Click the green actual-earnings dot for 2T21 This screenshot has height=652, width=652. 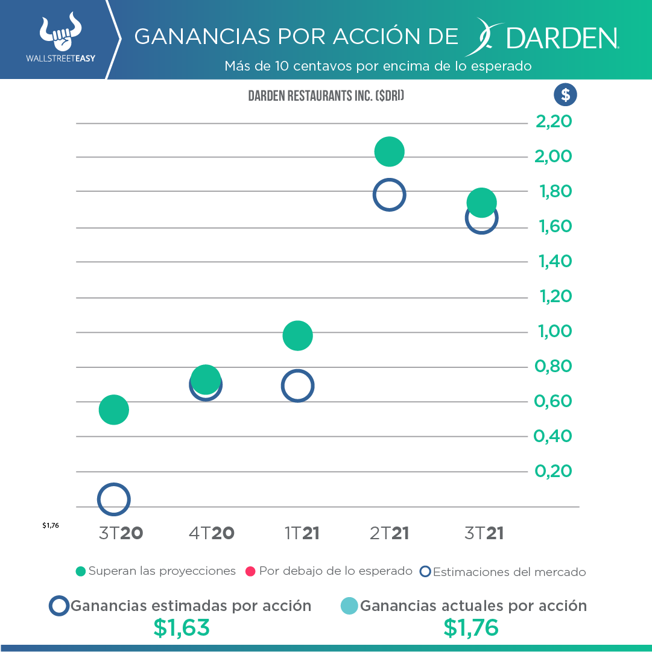coord(389,151)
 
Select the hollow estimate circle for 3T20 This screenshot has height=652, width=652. coord(113,499)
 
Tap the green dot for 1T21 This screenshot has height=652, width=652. coord(297,335)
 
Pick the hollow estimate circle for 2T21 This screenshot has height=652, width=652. coord(389,194)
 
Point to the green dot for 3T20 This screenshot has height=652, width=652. coord(113,410)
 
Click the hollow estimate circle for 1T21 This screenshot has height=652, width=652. coord(297,386)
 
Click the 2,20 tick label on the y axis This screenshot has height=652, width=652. coord(554,122)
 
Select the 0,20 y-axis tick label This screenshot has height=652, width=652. coord(553,470)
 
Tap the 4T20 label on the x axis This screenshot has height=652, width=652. coord(211,533)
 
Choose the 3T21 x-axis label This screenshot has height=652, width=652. coord(484,533)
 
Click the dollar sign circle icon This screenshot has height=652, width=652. coord(565,95)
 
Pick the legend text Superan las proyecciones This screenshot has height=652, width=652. coord(162,571)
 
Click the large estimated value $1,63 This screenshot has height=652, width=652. coord(182,628)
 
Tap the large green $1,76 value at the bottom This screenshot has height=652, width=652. coord(471,628)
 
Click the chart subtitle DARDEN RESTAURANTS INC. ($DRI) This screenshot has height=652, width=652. coord(326,96)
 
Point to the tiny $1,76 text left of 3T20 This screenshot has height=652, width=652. coord(51,525)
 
